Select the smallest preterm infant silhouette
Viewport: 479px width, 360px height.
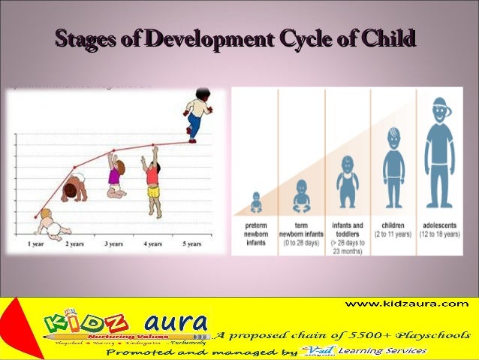click(x=255, y=202)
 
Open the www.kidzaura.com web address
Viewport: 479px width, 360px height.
click(x=406, y=304)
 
